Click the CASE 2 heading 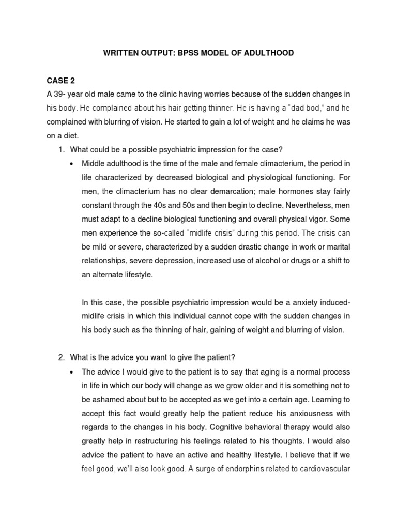62,80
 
